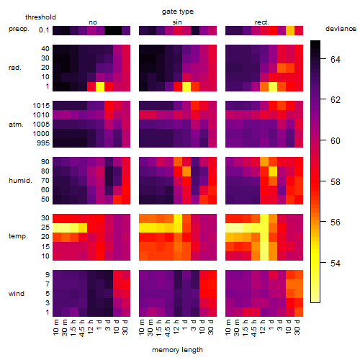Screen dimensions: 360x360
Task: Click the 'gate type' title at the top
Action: click(178, 12)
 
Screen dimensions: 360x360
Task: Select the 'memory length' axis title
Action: click(177, 350)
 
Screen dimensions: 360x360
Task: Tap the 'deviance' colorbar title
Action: click(341, 29)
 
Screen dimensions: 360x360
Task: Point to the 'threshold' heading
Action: click(40, 17)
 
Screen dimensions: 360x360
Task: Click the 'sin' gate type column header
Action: click(177, 22)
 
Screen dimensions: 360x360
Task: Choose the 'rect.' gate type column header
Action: click(262, 22)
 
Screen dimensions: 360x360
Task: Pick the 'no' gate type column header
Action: click(93, 22)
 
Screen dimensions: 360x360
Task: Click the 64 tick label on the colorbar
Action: click(336, 59)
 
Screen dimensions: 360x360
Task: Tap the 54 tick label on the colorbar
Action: click(336, 264)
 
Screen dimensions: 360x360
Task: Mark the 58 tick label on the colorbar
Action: click(336, 181)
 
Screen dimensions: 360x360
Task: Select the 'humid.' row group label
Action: click(20, 181)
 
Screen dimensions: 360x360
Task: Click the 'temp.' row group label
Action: click(18, 236)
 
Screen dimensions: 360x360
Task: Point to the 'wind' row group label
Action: click(17, 294)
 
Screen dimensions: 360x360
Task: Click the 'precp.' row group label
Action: click(19, 29)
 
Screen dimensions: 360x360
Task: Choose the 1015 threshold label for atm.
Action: click(41, 106)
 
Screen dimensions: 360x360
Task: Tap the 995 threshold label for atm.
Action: click(43, 143)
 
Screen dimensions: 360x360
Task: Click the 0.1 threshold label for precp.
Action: click(44, 30)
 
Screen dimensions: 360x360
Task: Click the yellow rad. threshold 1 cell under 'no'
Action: click(100, 86)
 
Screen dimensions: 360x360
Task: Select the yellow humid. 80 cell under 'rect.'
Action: click(273, 171)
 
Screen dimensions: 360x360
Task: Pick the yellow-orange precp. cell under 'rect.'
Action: click(290, 30)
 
